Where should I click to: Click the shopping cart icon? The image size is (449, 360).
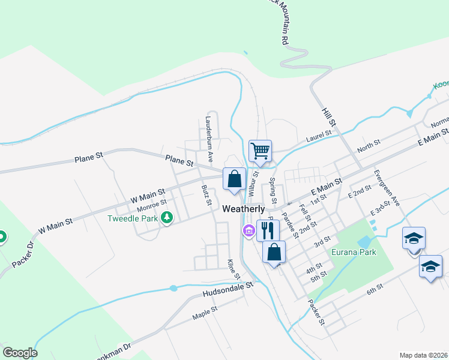click(x=260, y=150)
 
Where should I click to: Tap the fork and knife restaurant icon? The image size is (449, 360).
click(x=268, y=230)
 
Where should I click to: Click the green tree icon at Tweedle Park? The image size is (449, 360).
click(x=167, y=218)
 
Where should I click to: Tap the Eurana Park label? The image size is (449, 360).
click(x=354, y=252)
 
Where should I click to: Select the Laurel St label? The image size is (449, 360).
click(x=319, y=136)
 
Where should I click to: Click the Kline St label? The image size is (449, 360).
click(x=232, y=269)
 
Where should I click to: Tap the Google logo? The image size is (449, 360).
click(x=20, y=353)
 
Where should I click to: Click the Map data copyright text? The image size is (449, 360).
click(x=423, y=355)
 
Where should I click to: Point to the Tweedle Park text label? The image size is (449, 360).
click(x=133, y=218)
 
